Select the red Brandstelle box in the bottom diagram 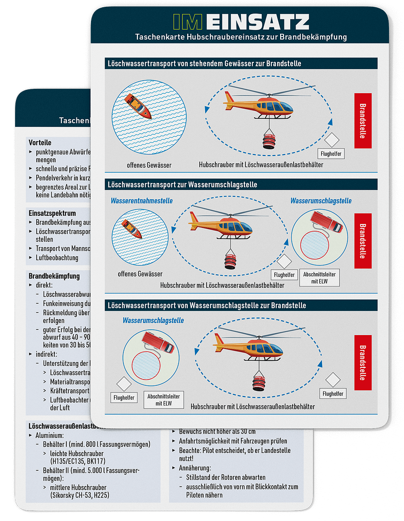tap(363, 359)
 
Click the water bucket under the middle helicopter tap(230, 261)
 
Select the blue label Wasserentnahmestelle tap(142, 201)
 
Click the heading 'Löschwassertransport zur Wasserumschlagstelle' tap(182, 184)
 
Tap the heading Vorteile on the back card tap(40, 143)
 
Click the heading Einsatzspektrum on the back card tap(52, 213)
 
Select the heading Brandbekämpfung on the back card tap(54, 276)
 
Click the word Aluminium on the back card tap(49, 435)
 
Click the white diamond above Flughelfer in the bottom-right tap(333, 380)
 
